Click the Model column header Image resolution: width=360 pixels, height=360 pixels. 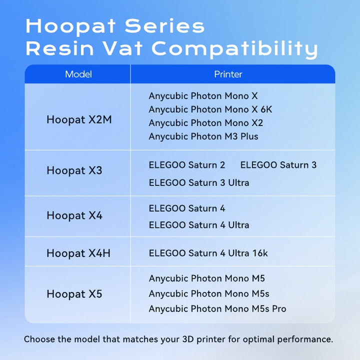[78, 74]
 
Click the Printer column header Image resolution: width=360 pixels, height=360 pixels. [228, 74]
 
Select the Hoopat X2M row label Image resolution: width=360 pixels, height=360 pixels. [79, 119]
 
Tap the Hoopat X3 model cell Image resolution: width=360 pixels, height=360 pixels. [74, 170]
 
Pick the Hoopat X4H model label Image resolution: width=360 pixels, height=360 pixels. [78, 253]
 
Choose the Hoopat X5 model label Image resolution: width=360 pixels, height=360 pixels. [74, 294]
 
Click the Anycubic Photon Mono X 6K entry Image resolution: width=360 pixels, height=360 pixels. [210, 109]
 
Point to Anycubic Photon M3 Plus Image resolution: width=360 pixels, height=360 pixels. [203, 136]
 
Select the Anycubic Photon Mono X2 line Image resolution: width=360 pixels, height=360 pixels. [205, 123]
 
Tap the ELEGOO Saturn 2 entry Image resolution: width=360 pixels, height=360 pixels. [187, 165]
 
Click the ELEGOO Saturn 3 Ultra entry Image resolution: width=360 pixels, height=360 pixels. [199, 183]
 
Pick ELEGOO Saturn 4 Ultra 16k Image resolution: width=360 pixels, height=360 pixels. [208, 253]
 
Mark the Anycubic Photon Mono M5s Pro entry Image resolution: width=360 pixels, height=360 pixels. [217, 309]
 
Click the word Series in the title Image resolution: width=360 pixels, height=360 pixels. [164, 26]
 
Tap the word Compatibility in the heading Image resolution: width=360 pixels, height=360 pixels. [234, 49]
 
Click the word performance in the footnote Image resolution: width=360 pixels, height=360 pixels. [305, 339]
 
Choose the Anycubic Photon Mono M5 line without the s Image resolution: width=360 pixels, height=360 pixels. [206, 278]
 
